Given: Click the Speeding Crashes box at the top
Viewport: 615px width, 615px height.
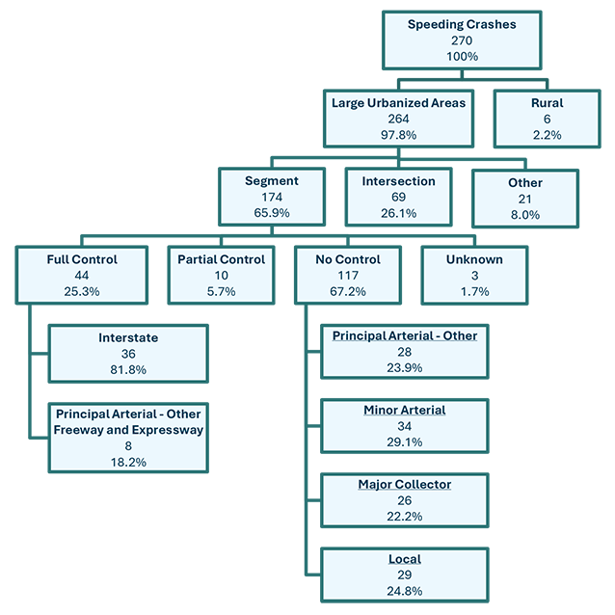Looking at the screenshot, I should click(x=462, y=40).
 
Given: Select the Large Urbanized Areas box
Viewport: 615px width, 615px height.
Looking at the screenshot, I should click(x=398, y=119).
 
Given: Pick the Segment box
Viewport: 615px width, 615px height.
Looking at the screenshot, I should click(x=272, y=197).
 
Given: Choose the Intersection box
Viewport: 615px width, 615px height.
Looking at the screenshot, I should click(x=398, y=197).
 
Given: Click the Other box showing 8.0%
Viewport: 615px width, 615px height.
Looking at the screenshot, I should click(x=524, y=199).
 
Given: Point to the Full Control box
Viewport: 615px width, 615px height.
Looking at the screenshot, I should click(x=82, y=275).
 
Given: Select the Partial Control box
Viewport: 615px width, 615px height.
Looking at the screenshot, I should click(x=221, y=275).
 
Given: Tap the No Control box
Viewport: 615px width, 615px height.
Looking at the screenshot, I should click(x=347, y=275).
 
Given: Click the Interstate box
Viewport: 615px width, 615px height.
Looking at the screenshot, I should click(x=128, y=354).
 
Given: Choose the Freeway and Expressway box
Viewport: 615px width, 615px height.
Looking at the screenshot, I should click(x=128, y=438).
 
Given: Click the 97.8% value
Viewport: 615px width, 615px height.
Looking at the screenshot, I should click(x=398, y=135).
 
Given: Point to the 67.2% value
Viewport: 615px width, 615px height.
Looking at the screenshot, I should click(x=347, y=291).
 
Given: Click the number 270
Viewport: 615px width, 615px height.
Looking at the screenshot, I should click(x=462, y=40).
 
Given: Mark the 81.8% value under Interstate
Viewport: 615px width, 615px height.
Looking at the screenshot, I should click(x=128, y=369).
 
